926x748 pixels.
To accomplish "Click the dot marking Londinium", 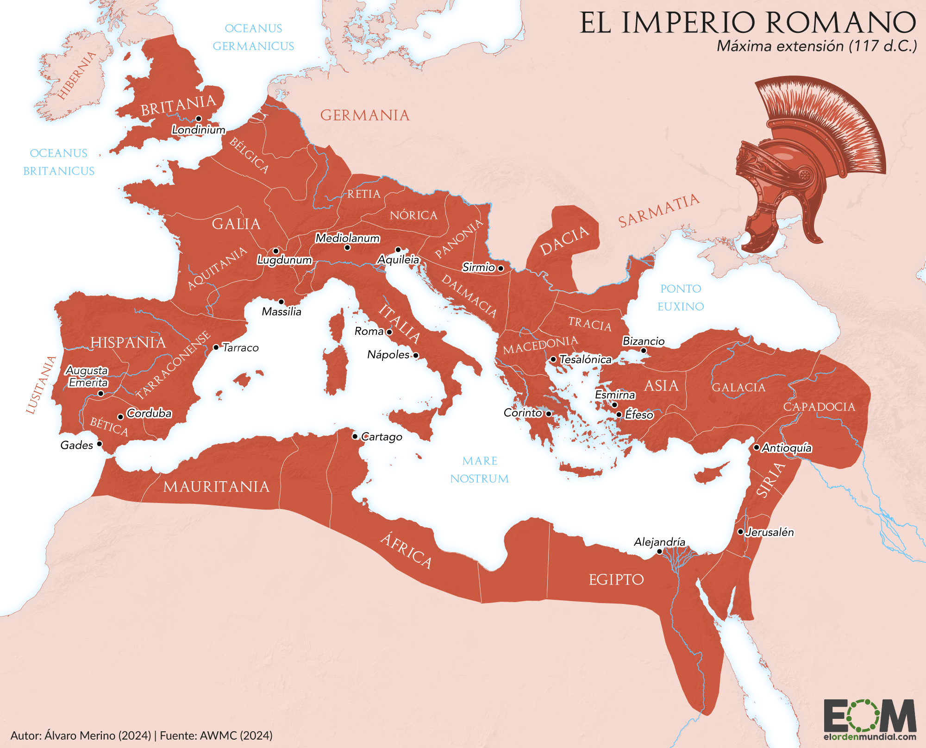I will click(199, 119).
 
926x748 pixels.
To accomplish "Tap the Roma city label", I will click(369, 331).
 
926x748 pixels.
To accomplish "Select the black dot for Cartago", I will click(355, 436).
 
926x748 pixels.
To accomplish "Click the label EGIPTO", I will click(616, 579).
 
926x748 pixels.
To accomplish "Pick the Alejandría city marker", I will click(659, 552).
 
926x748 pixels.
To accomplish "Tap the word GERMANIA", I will click(365, 115).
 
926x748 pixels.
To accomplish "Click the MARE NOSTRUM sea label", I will click(480, 470).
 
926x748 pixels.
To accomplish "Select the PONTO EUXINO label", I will click(681, 297).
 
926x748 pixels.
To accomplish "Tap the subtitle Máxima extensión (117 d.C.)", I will click(817, 46).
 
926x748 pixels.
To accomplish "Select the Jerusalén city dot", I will click(740, 532).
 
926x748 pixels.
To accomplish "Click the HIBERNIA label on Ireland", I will click(77, 75).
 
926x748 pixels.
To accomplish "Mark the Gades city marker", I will click(99, 444).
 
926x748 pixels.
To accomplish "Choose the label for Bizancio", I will click(643, 341).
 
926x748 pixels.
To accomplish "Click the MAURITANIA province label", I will click(216, 487).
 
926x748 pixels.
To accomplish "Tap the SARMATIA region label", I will click(658, 210).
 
